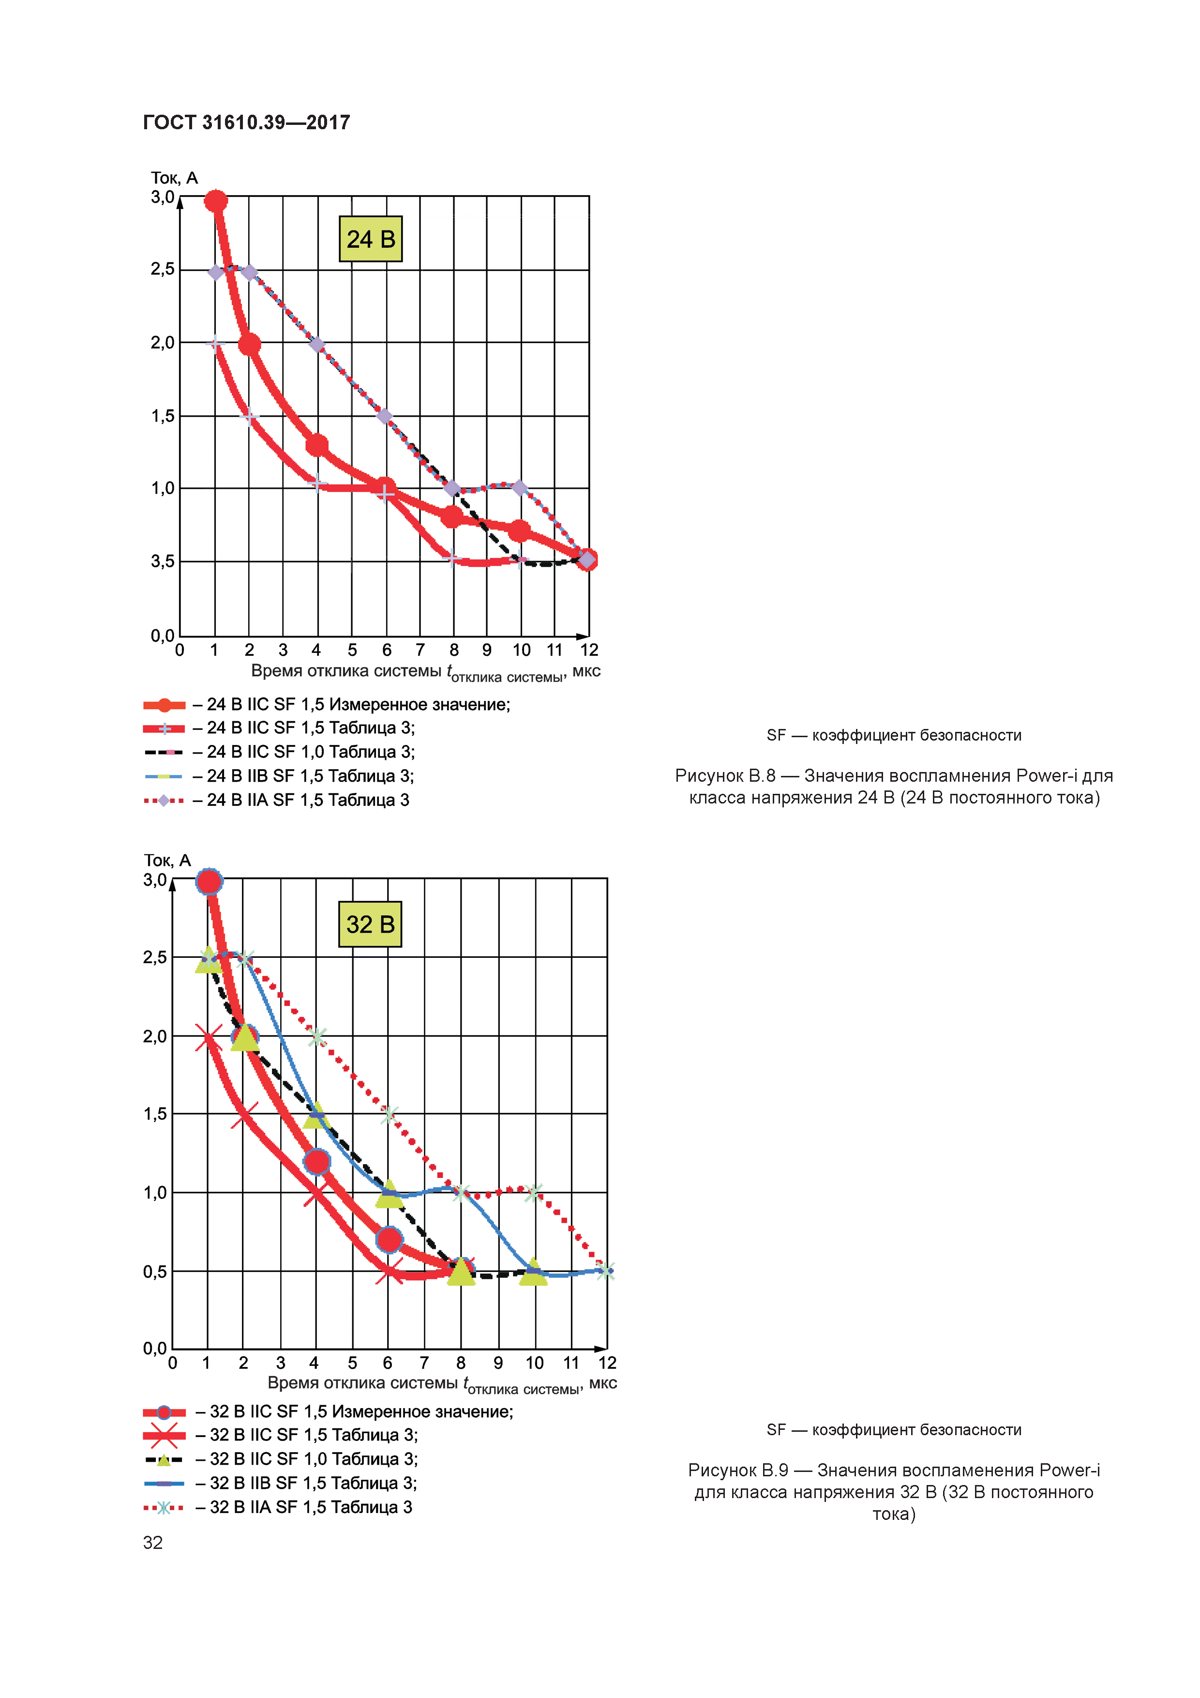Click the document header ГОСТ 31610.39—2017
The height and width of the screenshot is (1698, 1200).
pos(246,122)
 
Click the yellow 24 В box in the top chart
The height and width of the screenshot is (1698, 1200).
pos(371,239)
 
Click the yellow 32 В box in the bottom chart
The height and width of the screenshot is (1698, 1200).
pos(370,924)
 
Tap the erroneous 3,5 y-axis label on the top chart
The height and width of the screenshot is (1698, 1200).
pos(163,561)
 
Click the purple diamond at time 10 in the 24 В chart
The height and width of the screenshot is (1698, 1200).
pos(520,488)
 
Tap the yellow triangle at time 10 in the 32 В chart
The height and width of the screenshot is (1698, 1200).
pos(533,1272)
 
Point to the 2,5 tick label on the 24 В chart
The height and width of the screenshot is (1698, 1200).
pos(163,269)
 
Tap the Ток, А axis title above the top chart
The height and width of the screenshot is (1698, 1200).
pos(175,178)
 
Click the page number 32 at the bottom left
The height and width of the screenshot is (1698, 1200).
pos(153,1543)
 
